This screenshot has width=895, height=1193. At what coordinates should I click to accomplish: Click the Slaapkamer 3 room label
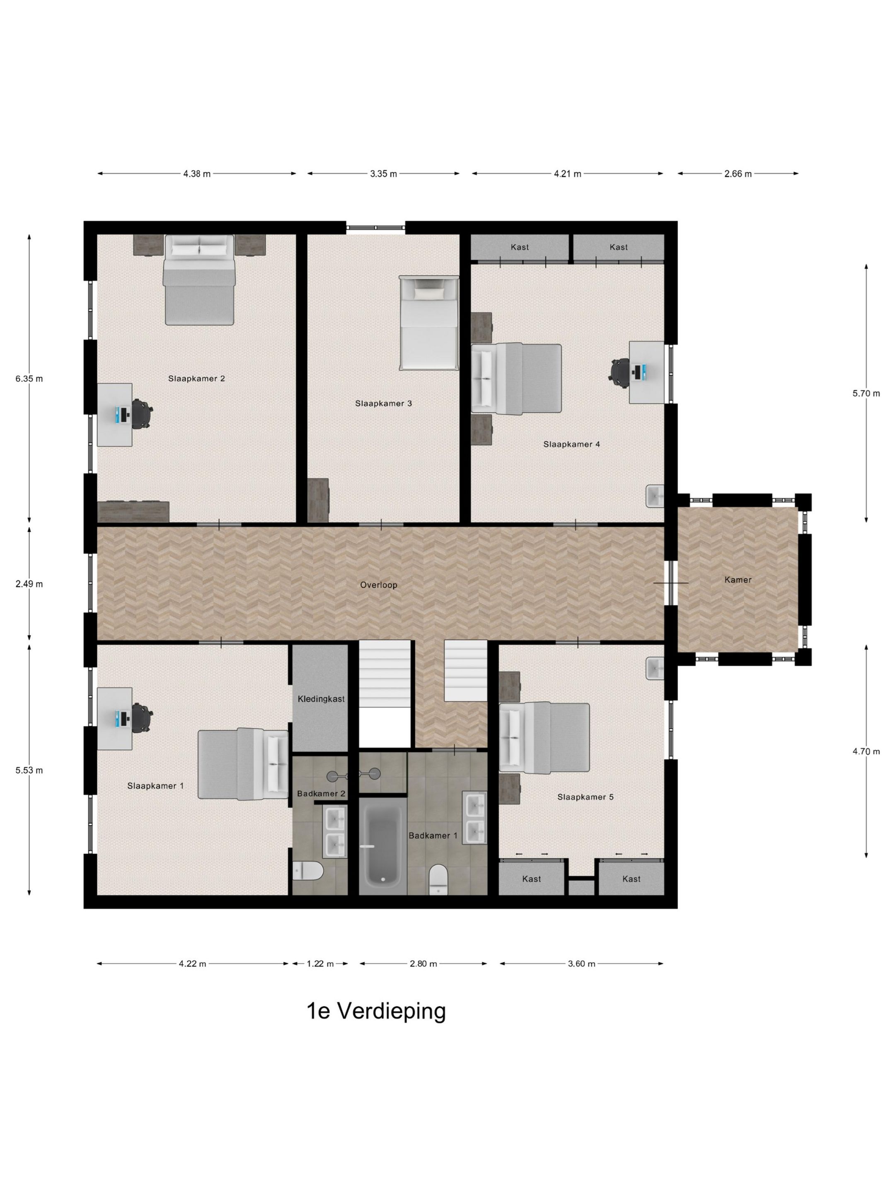pos(383,403)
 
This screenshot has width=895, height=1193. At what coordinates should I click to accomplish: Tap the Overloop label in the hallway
pos(379,584)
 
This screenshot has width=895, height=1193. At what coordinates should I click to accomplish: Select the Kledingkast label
pos(321,699)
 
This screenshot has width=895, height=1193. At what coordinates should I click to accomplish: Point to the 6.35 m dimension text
pos(29,379)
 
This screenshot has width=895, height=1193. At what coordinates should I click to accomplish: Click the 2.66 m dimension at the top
pos(738,174)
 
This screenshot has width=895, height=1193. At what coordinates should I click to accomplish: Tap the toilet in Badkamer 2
pos(308,870)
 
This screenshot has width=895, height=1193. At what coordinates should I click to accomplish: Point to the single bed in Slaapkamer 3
pos(429,323)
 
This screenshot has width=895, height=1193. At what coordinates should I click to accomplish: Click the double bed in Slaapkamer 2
pos(200,280)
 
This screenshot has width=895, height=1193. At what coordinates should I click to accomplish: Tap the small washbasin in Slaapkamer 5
pos(655,669)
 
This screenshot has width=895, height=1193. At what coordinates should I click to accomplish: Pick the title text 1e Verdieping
pos(376,1011)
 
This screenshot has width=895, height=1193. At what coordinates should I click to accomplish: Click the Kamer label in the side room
pos(738,580)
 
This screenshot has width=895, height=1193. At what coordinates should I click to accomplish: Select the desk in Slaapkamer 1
pos(115,718)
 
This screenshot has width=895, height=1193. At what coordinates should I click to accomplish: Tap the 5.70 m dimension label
pos(866,394)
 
